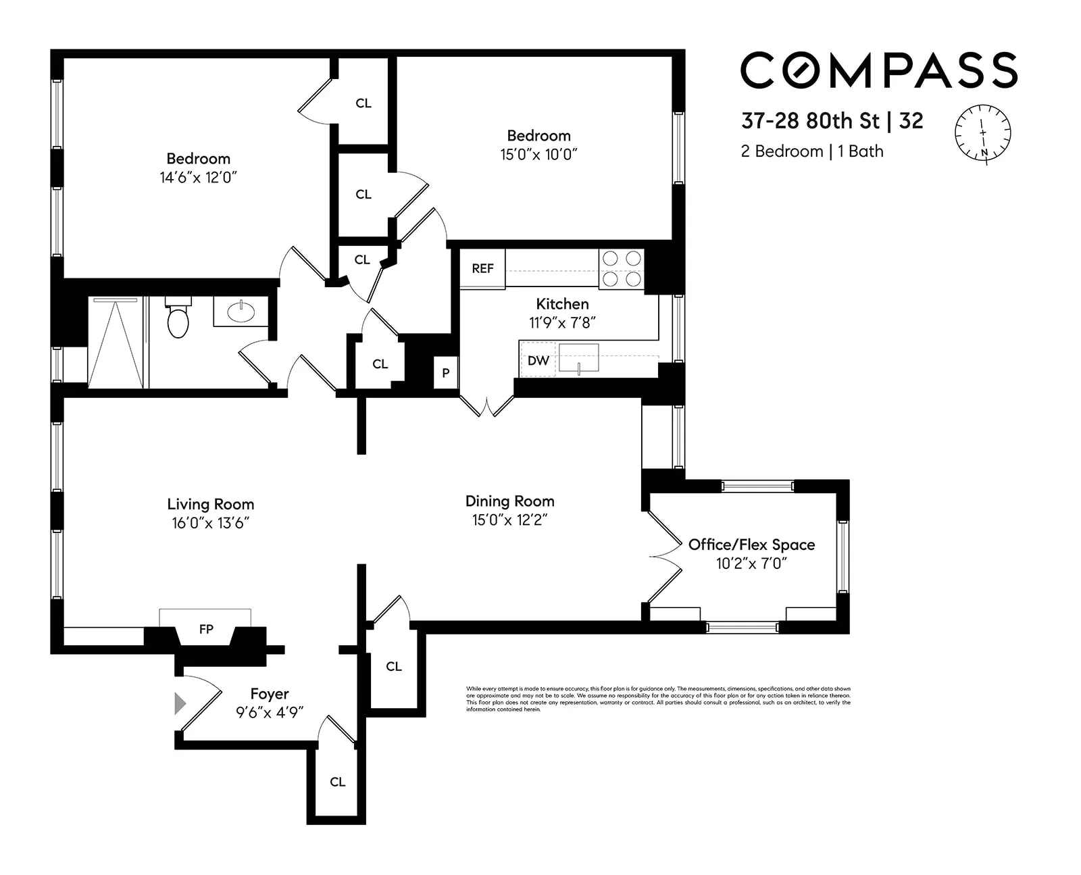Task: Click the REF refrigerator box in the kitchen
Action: [482, 269]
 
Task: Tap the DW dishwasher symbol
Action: [538, 361]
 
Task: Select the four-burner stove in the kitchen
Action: [621, 269]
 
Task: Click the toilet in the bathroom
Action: [178, 320]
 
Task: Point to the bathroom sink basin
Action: [241, 312]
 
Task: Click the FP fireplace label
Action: [206, 630]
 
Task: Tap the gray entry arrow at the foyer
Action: [180, 703]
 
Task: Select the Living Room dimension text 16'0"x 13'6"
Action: [210, 523]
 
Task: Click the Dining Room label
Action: [509, 501]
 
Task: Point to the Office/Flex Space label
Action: [751, 545]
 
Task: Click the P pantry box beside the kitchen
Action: [445, 373]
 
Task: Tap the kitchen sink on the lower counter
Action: [578, 357]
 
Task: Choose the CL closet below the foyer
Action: [337, 782]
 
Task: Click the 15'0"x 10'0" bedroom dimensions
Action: [538, 155]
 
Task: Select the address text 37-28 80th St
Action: [809, 121]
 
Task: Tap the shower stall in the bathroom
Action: [116, 343]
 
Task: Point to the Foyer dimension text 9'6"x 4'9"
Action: [269, 712]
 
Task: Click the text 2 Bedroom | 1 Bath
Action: [811, 151]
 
